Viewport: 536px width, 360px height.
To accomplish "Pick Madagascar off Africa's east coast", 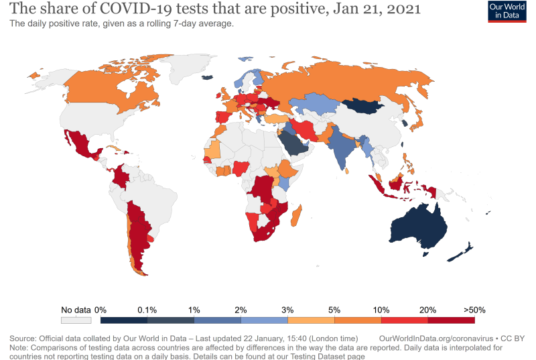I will coord(299,216).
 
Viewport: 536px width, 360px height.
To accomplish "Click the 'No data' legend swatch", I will coord(75,320).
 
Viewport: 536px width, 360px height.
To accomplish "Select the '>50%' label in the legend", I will coord(474,310).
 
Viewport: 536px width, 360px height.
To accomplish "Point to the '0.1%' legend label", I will coord(147,310).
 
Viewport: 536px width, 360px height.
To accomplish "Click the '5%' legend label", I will coord(334,310).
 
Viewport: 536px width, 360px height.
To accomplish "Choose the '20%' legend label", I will coord(428,310).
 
